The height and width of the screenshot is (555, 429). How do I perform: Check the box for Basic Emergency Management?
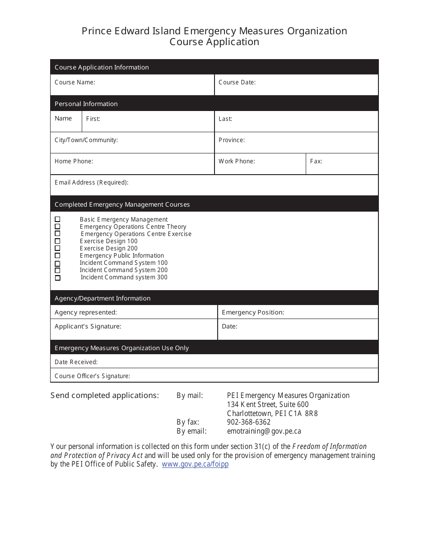(x=57, y=219)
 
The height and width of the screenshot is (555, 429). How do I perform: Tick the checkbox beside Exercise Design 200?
(x=57, y=248)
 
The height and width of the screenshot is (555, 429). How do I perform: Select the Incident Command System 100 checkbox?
(x=57, y=263)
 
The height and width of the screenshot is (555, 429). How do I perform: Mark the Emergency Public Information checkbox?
(x=57, y=255)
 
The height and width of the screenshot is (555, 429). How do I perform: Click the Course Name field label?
(x=75, y=82)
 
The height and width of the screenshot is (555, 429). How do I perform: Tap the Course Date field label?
(x=237, y=82)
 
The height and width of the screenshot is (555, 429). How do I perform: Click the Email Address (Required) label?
(x=91, y=182)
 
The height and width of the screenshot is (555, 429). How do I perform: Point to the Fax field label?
(x=316, y=161)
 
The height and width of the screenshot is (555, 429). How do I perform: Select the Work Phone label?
(x=237, y=161)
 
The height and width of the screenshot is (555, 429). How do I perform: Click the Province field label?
(x=232, y=140)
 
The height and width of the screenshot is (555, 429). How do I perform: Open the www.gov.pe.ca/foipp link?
(x=195, y=464)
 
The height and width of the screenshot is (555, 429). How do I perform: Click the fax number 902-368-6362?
(x=249, y=422)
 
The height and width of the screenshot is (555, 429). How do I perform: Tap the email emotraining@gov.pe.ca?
(x=264, y=431)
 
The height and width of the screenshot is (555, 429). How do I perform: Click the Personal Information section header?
(x=86, y=104)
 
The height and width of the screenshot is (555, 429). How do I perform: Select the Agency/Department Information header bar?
(x=103, y=298)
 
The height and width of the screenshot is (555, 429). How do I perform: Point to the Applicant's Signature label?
(x=88, y=326)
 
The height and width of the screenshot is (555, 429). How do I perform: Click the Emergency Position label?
(x=253, y=312)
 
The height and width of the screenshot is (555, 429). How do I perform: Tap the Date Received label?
(x=76, y=362)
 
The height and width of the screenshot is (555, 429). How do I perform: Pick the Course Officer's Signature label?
(x=92, y=376)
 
